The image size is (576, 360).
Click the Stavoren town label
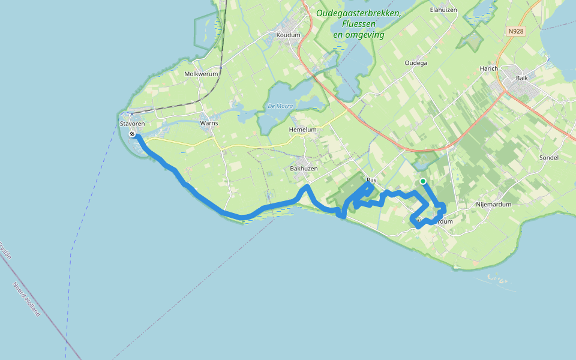(x=132, y=124)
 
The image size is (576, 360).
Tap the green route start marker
(x=423, y=181)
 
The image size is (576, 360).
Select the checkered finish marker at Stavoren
(x=131, y=134)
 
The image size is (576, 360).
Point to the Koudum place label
(x=288, y=35)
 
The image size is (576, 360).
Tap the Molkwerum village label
(x=201, y=74)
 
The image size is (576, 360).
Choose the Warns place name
(x=209, y=124)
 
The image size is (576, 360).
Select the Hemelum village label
(x=302, y=130)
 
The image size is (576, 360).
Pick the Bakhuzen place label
(x=304, y=169)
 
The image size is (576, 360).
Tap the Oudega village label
(x=416, y=63)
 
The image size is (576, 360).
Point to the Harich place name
(x=489, y=69)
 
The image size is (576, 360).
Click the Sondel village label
(x=549, y=158)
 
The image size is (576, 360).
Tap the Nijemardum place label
(x=493, y=205)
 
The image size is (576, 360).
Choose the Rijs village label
(x=371, y=179)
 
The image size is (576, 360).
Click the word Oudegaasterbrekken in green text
(x=358, y=13)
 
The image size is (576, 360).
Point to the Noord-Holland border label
(x=27, y=299)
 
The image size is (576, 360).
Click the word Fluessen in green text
(x=359, y=24)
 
